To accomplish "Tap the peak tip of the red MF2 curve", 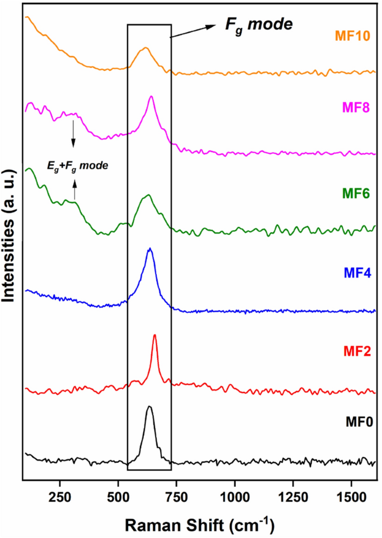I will pyautogui.click(x=154, y=335).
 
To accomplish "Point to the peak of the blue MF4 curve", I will pyautogui.click(x=149, y=248).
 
